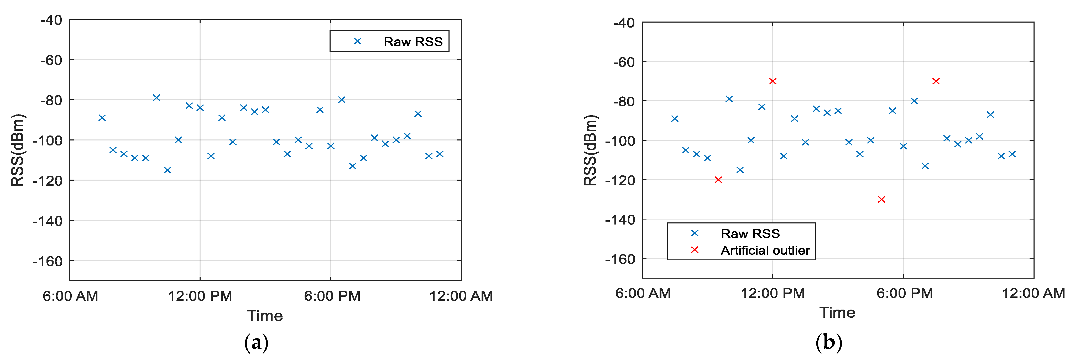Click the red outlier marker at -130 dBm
point(881,199)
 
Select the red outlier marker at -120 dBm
point(718,180)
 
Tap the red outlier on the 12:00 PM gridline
point(773,81)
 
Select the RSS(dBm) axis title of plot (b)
point(591,150)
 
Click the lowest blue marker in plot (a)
point(167,170)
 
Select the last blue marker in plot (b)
point(1012,154)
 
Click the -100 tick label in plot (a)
point(47,140)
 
